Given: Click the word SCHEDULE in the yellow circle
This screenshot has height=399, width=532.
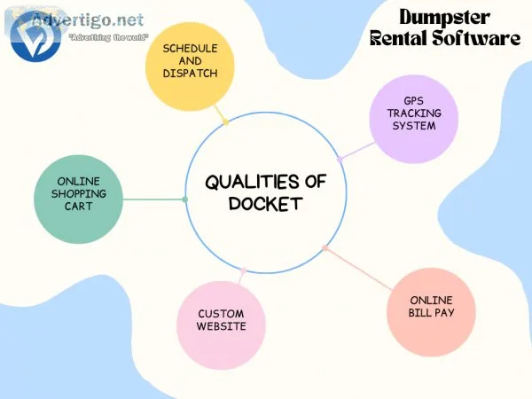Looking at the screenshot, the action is [190, 49].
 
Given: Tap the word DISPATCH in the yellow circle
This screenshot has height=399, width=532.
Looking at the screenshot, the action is [190, 74].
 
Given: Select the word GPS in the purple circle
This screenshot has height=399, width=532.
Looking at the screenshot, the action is [413, 101].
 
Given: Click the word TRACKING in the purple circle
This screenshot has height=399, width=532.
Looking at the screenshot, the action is [414, 113].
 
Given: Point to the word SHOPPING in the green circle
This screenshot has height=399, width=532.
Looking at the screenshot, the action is [79, 193].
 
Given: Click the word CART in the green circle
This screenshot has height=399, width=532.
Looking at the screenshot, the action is [78, 206].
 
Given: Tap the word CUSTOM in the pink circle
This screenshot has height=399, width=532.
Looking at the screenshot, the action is [221, 314].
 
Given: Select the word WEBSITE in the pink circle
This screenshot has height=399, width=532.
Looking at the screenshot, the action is [221, 326].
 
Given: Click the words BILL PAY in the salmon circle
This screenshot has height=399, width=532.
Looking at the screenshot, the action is [431, 312].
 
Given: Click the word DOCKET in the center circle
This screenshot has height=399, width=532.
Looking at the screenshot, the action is [266, 204].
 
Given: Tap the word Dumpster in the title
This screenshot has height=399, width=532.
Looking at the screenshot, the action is [444, 17].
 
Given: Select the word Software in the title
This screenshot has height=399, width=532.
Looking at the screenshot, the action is [476, 38].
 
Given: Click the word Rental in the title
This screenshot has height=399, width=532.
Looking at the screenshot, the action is [398, 38].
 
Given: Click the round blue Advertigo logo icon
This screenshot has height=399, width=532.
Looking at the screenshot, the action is [35, 36].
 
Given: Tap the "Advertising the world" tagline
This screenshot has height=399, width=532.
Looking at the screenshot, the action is [108, 37].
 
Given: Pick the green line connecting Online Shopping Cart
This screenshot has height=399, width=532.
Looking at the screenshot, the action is [154, 199].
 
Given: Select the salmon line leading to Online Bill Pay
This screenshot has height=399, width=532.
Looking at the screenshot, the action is [358, 269].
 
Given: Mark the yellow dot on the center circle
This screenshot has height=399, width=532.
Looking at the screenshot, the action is [226, 121].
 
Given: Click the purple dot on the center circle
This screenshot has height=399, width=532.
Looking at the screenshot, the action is [340, 159].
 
